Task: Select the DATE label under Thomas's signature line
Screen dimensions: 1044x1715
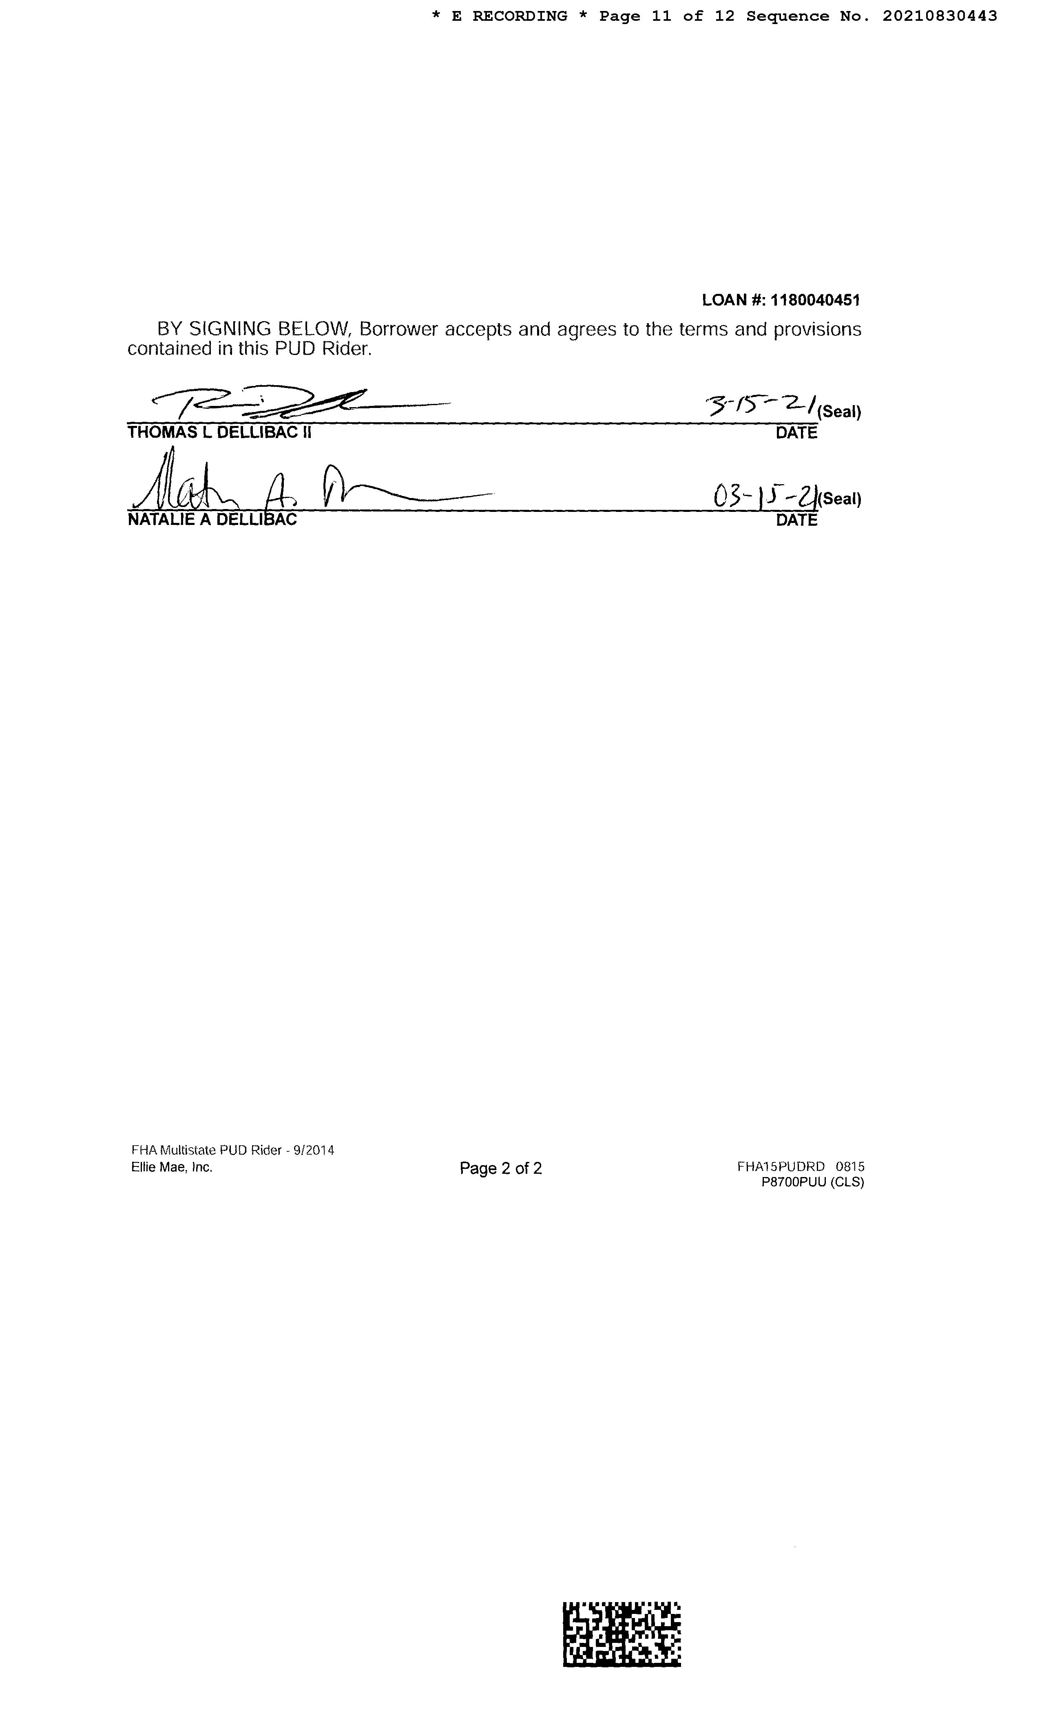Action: tap(796, 433)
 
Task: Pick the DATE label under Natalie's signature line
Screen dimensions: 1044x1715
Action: tap(796, 520)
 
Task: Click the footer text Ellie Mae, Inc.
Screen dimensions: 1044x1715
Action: tap(171, 1167)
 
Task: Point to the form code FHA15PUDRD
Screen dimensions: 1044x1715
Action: tap(781, 1166)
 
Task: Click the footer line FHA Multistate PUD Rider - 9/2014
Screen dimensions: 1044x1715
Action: tap(232, 1151)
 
